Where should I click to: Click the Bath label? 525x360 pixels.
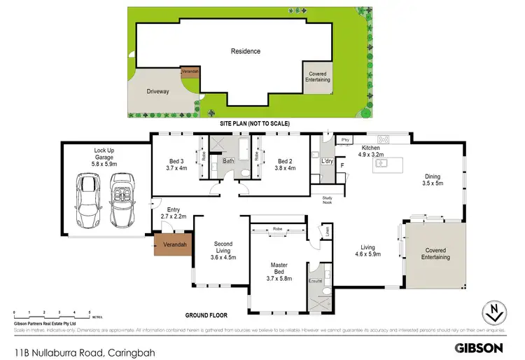[229, 160]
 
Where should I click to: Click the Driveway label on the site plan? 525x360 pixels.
[157, 92]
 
